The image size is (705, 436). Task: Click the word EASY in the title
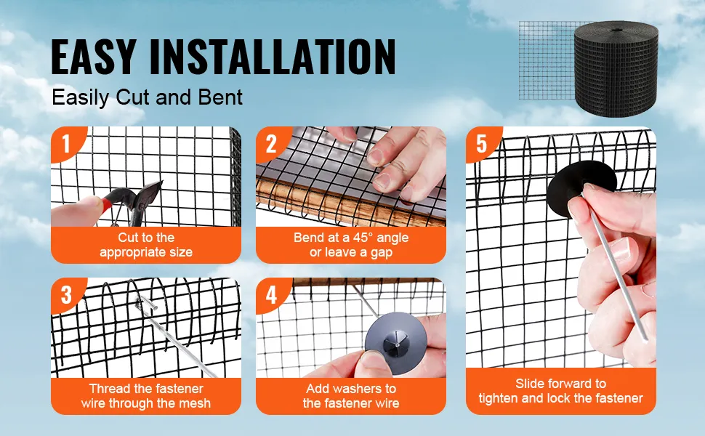pos(94,57)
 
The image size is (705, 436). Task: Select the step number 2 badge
pos(271,144)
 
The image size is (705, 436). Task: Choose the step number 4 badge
pos(271,295)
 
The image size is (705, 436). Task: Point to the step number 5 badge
pos(482,144)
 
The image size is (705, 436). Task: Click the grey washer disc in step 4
pos(395,342)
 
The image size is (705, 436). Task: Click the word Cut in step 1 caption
pos(126,238)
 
